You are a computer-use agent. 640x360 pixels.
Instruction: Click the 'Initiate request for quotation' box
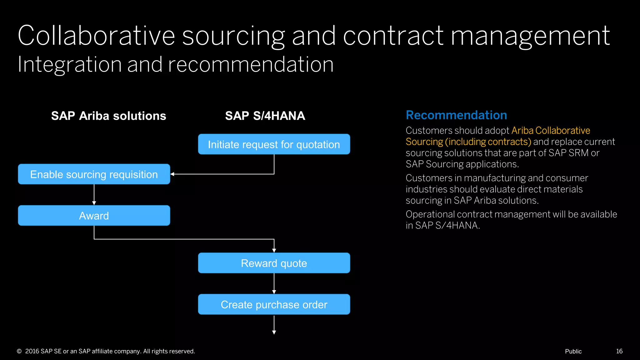(274, 144)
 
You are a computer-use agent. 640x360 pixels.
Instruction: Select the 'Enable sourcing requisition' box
(94, 174)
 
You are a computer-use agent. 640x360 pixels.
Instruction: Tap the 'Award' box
(94, 216)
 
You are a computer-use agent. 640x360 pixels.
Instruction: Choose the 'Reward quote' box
(274, 263)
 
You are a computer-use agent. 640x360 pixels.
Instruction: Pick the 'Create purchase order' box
(274, 304)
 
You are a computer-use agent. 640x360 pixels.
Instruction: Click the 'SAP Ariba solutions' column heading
(108, 116)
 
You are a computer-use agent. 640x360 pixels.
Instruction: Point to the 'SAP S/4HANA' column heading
(265, 116)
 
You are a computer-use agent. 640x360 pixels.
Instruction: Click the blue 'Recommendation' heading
(456, 115)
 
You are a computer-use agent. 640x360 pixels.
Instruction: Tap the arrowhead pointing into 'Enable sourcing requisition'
(172, 174)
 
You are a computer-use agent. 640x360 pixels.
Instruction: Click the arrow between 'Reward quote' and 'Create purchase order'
(274, 283)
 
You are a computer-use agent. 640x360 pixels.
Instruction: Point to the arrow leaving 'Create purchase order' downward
(274, 325)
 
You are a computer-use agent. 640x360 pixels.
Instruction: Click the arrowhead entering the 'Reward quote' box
(274, 250)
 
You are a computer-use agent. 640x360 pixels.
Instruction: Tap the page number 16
(619, 351)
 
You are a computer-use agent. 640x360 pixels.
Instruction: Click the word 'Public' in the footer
(573, 351)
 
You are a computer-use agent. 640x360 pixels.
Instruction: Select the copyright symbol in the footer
(19, 351)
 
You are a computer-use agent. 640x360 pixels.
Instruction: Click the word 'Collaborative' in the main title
(96, 36)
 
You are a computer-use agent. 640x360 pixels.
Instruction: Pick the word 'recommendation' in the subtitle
(251, 65)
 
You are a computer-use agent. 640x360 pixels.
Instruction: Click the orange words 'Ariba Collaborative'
(551, 130)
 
